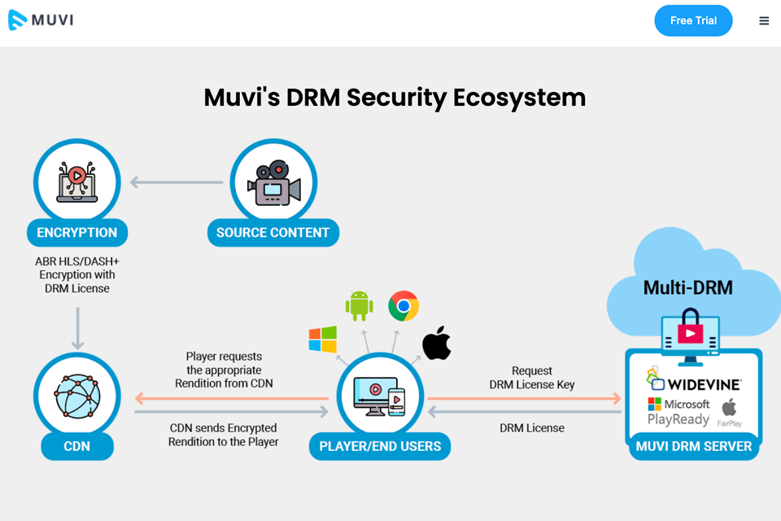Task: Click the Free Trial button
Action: [x=693, y=21]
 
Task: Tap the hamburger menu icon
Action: [x=764, y=21]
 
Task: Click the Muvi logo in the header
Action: [x=41, y=20]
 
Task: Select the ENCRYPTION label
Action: [x=77, y=233]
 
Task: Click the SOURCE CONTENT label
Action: [x=273, y=233]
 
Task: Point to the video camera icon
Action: [x=273, y=183]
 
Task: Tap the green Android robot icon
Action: [x=359, y=305]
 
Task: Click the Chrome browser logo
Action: [x=404, y=306]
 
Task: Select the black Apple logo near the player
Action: [x=437, y=344]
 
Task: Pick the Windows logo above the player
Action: [x=323, y=339]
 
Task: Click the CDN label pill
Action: [x=77, y=446]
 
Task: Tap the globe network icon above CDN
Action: [x=77, y=396]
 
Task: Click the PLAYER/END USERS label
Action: [x=380, y=446]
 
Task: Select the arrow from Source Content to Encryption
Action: [x=177, y=182]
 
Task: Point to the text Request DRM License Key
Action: [x=532, y=378]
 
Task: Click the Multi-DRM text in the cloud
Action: [x=688, y=287]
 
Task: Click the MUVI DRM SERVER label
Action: [x=694, y=446]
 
